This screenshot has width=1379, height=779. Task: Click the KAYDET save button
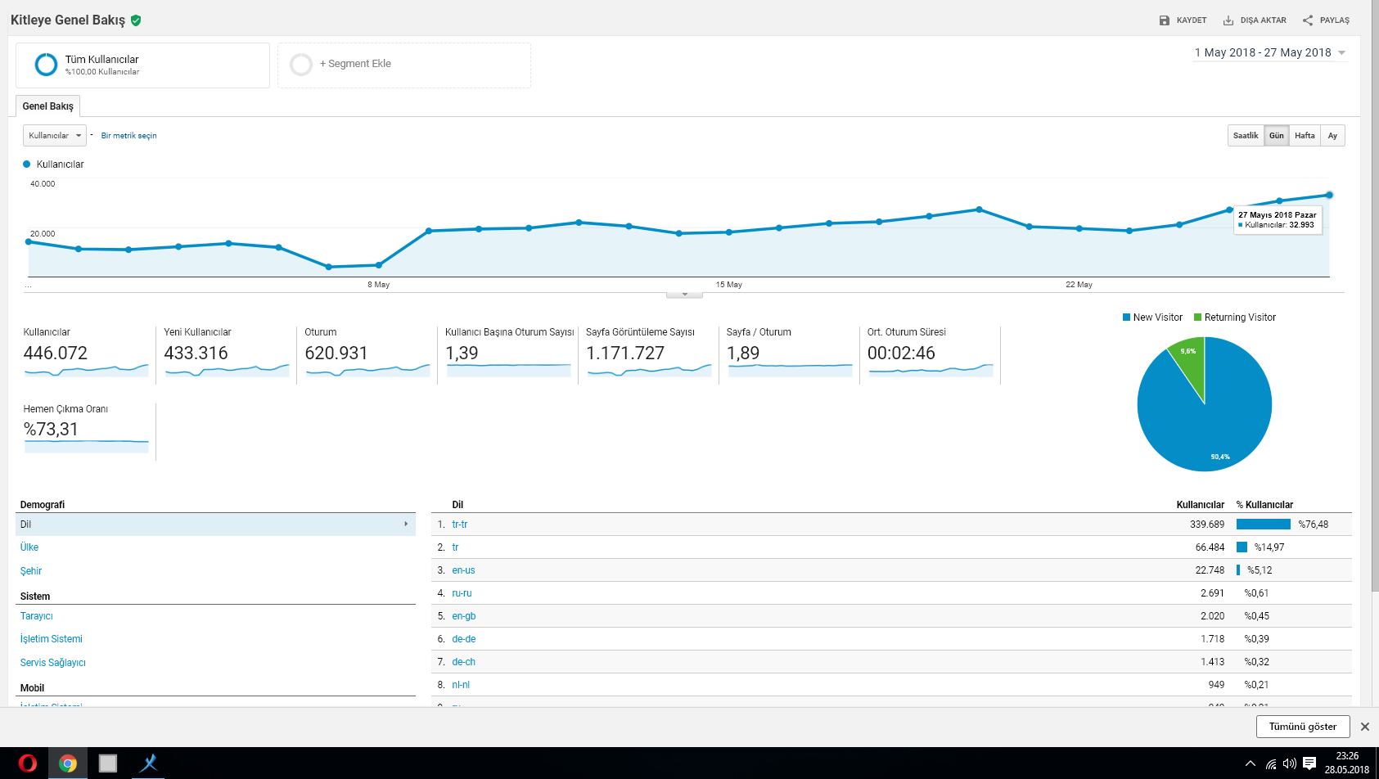click(x=1183, y=20)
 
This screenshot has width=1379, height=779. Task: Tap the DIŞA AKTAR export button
click(x=1254, y=20)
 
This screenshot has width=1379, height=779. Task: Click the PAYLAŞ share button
click(x=1326, y=20)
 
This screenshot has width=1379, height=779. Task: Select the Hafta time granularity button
click(x=1305, y=135)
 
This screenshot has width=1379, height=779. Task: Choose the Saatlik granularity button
click(x=1246, y=135)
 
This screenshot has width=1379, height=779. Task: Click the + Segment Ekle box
click(x=403, y=65)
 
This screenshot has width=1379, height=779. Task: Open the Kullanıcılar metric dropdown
click(x=54, y=135)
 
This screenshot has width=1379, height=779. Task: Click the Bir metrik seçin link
click(x=128, y=135)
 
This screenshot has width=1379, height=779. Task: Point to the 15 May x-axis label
click(x=729, y=284)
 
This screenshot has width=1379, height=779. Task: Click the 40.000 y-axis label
click(x=43, y=184)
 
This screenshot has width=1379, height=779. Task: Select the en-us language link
click(x=463, y=570)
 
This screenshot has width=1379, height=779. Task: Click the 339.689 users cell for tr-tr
click(x=1207, y=525)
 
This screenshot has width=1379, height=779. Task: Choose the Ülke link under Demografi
click(x=29, y=547)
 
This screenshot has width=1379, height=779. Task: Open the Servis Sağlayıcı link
click(x=53, y=663)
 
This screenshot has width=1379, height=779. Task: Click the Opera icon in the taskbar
click(x=27, y=763)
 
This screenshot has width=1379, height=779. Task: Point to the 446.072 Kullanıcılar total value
click(x=56, y=353)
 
